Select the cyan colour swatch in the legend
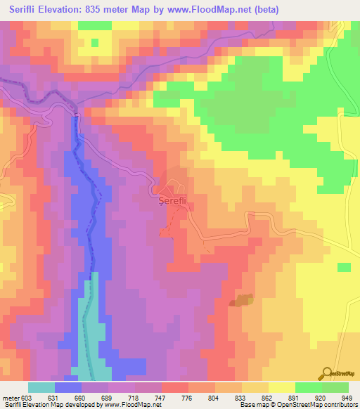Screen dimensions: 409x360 (x=41, y=388)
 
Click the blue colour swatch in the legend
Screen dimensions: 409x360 (x=68, y=388)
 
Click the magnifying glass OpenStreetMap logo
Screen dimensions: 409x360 (x=327, y=373)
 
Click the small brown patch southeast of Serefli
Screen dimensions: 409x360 (x=242, y=300)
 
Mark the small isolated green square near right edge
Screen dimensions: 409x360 (x=343, y=268)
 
